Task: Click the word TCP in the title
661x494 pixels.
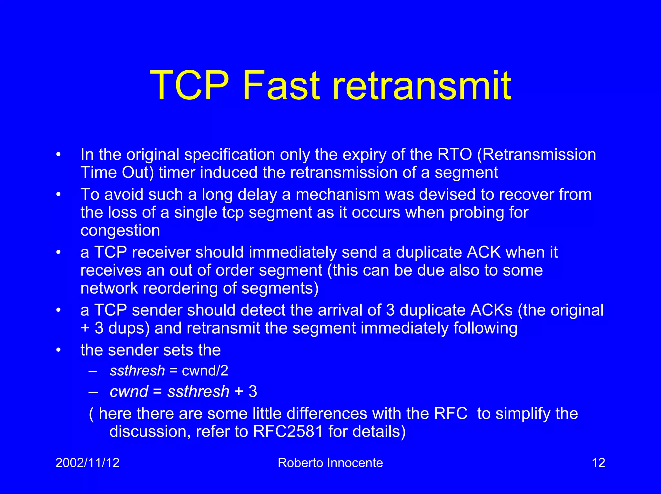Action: [189, 86]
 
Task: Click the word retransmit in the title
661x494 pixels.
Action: [422, 86]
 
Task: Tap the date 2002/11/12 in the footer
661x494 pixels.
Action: [87, 463]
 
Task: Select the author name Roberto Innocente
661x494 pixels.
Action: [330, 463]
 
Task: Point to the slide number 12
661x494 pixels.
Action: [598, 463]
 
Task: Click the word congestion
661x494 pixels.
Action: [120, 230]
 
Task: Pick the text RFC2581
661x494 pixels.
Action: [288, 432]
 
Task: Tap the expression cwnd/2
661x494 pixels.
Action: [205, 371]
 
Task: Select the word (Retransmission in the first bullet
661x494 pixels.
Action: [536, 155]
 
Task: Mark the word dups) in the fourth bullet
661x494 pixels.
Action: [129, 328]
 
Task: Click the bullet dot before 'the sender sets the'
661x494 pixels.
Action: [58, 350]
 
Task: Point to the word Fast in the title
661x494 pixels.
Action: [281, 86]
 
